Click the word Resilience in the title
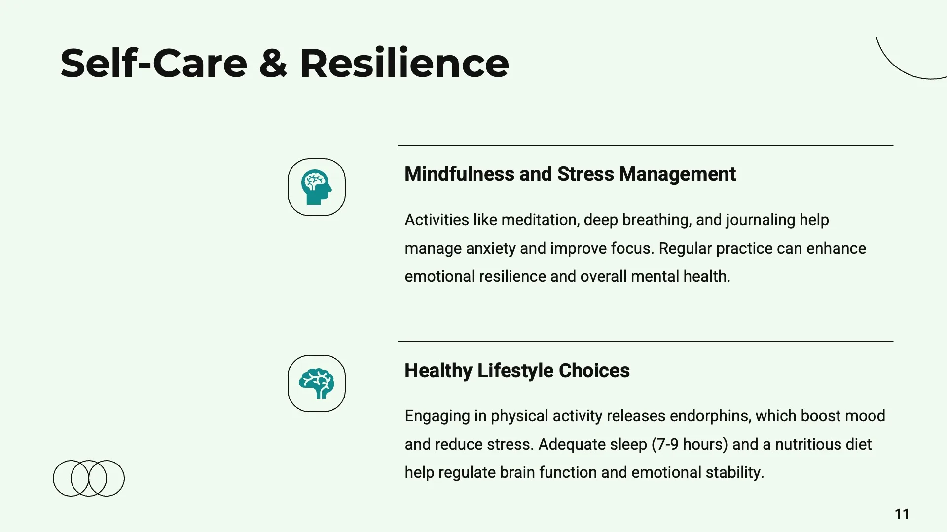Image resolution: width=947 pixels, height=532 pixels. [x=404, y=64]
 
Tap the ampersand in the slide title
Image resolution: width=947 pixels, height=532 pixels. [x=273, y=64]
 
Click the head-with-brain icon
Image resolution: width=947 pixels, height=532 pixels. [x=316, y=187]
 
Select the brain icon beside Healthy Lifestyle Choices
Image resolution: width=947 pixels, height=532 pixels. [x=316, y=383]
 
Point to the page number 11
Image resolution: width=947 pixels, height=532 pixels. [x=902, y=514]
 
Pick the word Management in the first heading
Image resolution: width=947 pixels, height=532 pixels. [x=677, y=174]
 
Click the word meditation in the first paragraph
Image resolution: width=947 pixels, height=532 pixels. [x=540, y=220]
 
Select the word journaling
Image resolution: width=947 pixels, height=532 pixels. [x=760, y=220]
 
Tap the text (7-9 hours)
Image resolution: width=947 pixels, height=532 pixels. [x=690, y=444]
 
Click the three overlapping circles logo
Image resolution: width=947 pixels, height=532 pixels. [x=89, y=478]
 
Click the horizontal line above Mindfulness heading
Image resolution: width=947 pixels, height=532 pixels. [x=645, y=146]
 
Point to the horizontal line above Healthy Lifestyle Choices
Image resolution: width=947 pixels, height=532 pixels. [x=645, y=342]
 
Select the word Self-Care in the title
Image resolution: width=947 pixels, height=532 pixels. [x=153, y=64]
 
